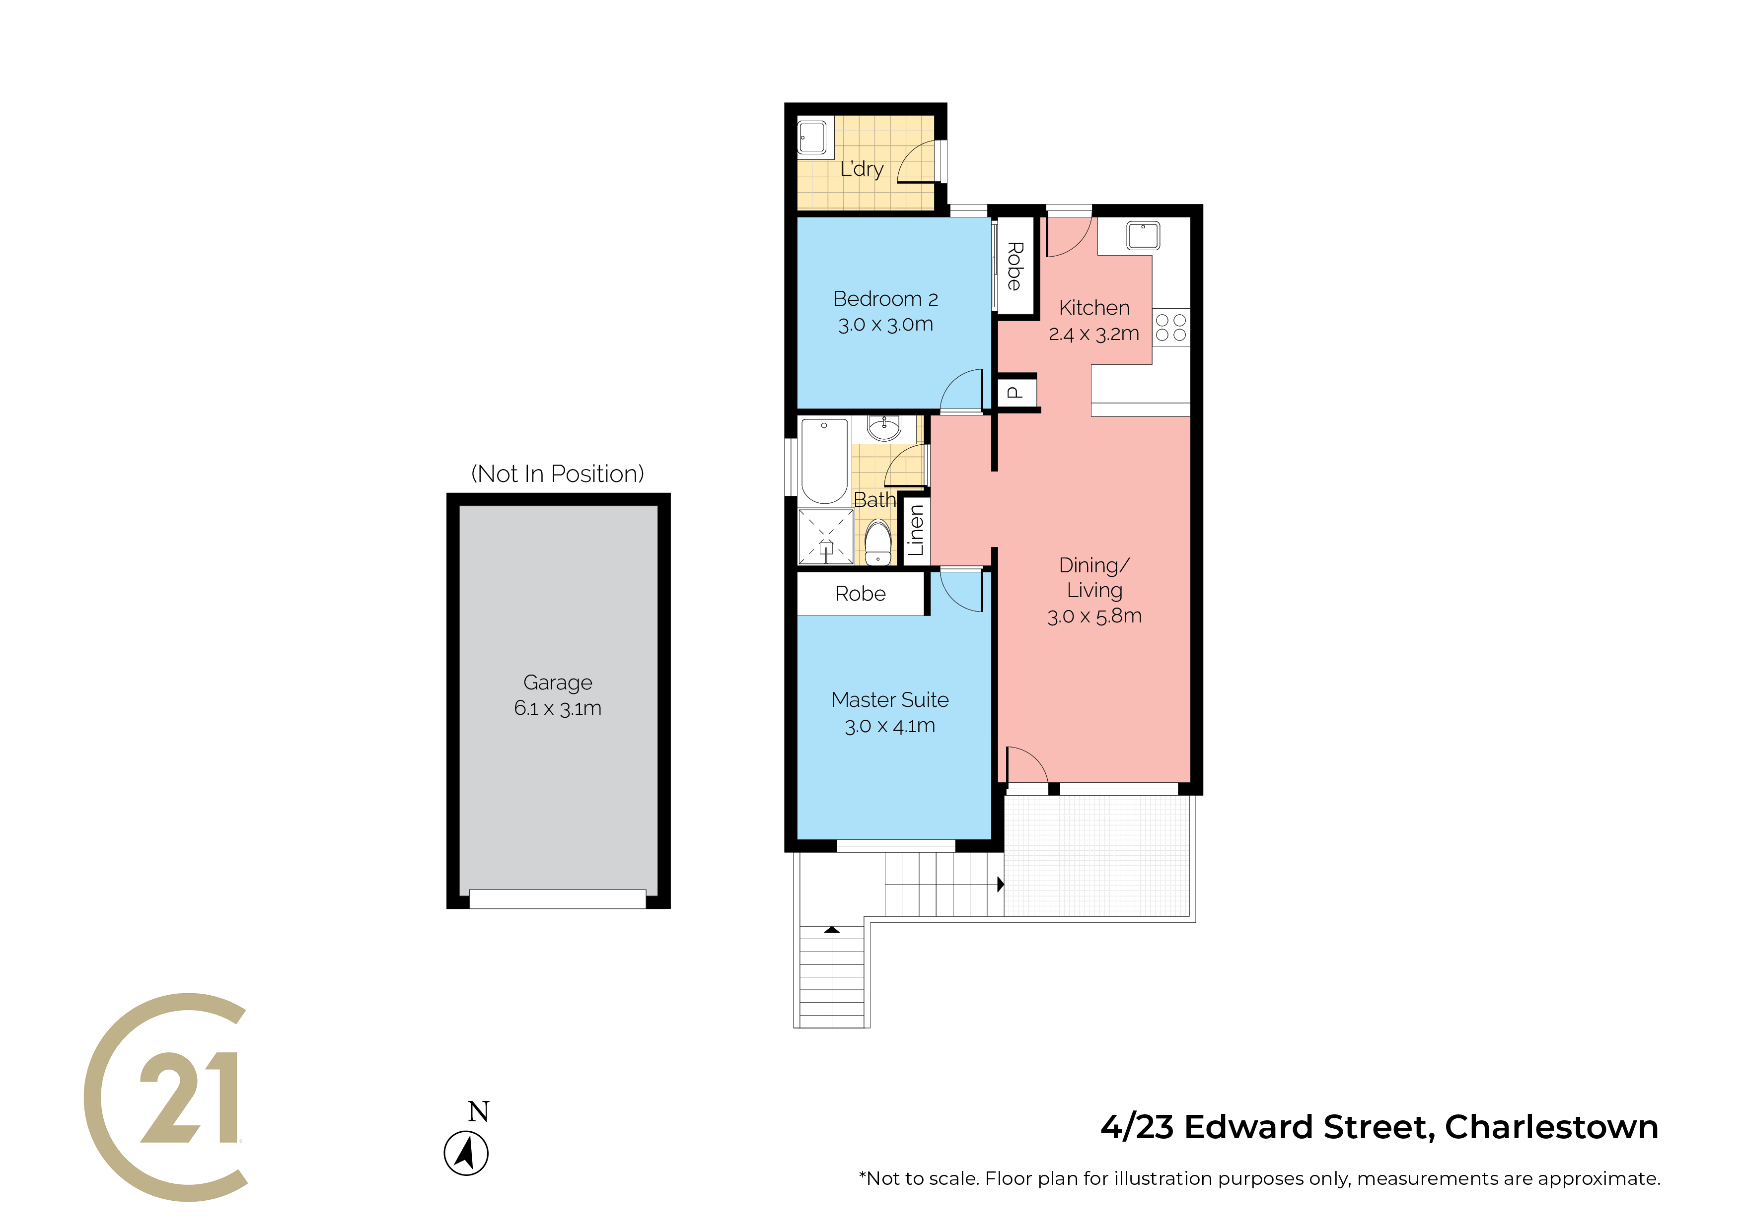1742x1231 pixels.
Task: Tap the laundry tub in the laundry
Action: point(812,138)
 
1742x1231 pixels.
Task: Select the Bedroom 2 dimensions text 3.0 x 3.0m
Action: point(885,325)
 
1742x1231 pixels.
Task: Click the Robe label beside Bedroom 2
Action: point(1015,266)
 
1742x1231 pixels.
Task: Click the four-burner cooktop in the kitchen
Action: point(1171,328)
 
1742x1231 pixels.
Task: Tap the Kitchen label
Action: point(1094,308)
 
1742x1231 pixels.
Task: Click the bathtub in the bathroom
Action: point(825,461)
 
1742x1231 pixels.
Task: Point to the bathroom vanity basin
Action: point(884,428)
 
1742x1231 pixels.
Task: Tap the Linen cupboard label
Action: point(916,530)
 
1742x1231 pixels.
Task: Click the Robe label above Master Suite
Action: point(861,594)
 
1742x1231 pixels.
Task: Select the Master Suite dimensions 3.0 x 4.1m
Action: point(890,726)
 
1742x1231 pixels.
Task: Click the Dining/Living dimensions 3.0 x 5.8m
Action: point(1094,616)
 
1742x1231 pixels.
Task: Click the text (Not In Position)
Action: point(558,474)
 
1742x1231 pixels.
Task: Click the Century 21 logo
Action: point(165,1097)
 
